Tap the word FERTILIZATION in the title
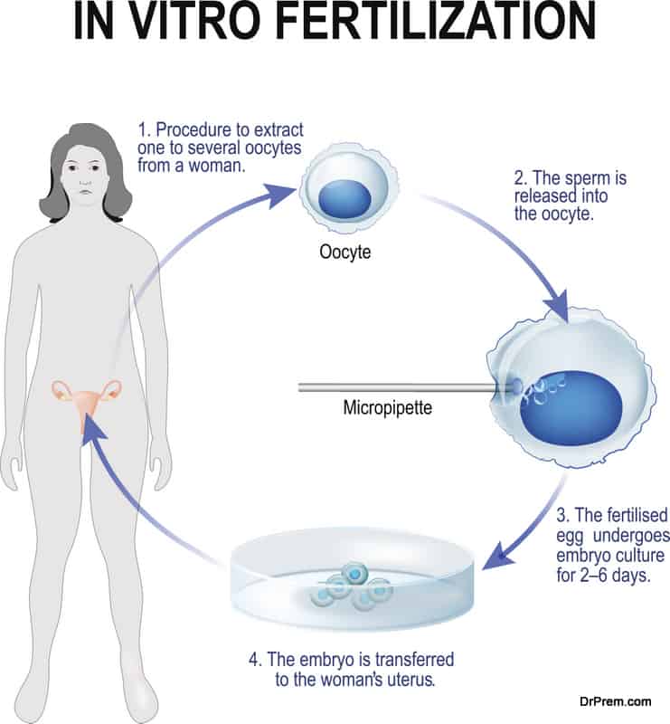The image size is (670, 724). [437, 22]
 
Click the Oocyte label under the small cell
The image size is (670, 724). [344, 252]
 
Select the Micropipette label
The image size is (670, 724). [388, 408]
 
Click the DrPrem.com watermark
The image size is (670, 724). [615, 702]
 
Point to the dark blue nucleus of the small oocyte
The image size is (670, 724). [344, 199]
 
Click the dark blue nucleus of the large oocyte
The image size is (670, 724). [571, 408]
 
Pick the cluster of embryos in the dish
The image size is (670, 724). [352, 586]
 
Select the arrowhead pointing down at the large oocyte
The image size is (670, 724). [556, 307]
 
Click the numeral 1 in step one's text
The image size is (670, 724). [143, 130]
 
